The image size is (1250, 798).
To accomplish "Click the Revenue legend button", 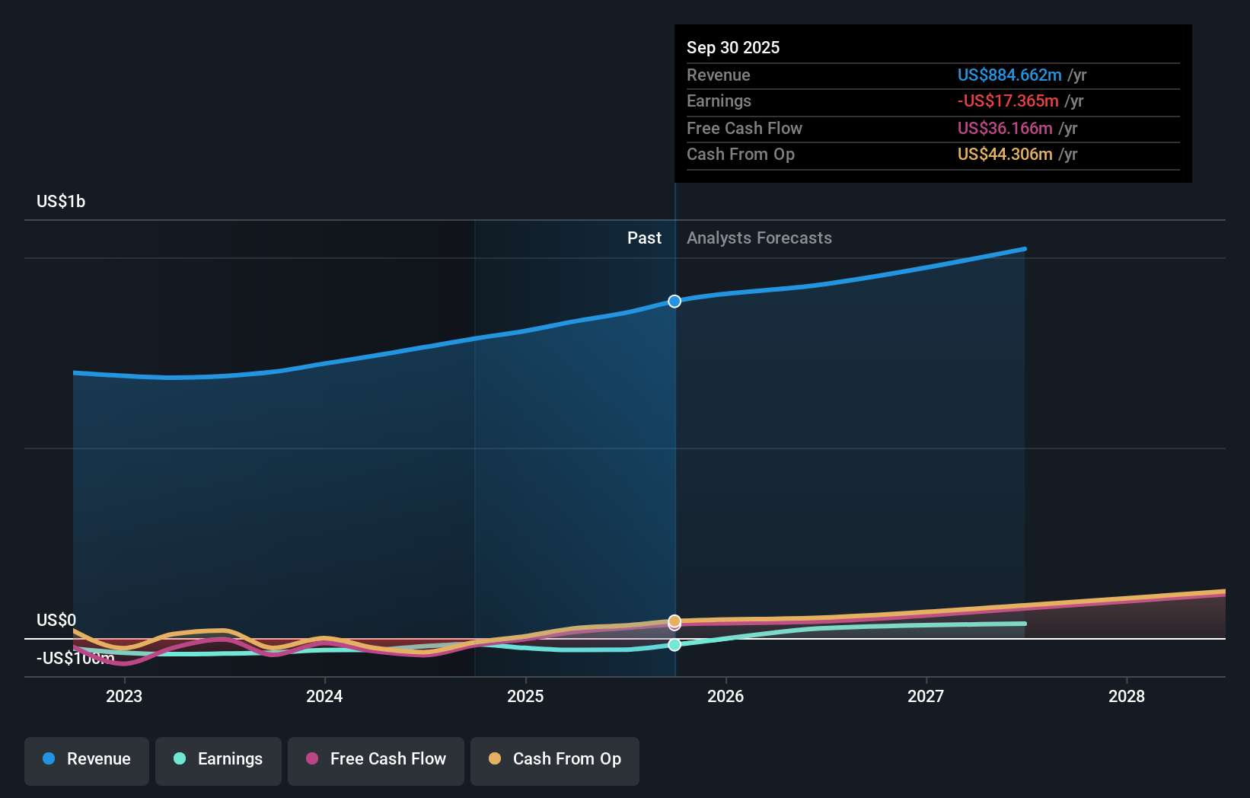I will pos(86,759).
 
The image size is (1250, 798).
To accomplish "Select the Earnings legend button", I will pos(218,759).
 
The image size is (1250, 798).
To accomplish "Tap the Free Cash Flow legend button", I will pos(375,759).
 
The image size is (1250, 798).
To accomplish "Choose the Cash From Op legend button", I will pos(554,759).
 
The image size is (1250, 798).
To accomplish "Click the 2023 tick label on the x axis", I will pos(124,696).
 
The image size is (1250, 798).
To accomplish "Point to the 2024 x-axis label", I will pos(324,696).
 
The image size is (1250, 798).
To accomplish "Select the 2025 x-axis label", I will pos(525,696).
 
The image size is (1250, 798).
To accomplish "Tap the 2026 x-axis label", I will pos(725,696).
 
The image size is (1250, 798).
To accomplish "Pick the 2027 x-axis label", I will pos(926,696).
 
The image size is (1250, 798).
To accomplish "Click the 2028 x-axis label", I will pos(1127,696).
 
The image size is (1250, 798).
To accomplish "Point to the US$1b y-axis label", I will pos(61,201).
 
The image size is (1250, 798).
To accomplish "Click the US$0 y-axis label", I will pos(56,620).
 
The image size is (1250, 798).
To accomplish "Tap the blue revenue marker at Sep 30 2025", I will pos(674,302).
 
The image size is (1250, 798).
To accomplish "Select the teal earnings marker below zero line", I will pos(674,645).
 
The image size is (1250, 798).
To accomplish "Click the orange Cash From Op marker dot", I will pos(674,620).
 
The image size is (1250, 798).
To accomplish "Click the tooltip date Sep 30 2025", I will pos(733,47).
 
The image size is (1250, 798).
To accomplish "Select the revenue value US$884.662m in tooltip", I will pos(1009,75).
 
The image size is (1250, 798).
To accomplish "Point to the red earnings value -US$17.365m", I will pos(1008,101).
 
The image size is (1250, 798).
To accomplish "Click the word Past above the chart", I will pos(644,238).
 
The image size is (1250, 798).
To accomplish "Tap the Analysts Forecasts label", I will pos(759,238).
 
